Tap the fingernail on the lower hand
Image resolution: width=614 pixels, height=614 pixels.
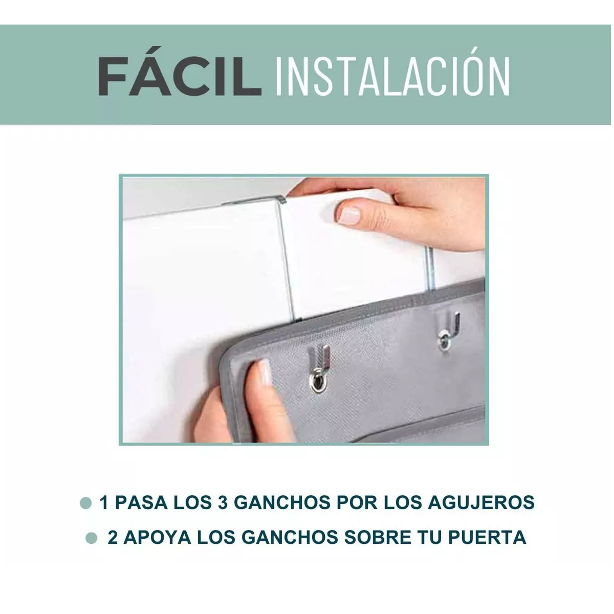point(265,372)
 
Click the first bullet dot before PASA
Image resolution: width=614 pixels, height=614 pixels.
point(86,502)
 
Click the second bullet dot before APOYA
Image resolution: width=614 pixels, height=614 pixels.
point(92,538)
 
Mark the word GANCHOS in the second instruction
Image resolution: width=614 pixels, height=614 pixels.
point(289,537)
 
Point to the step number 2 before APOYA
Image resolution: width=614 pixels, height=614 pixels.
point(113,537)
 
